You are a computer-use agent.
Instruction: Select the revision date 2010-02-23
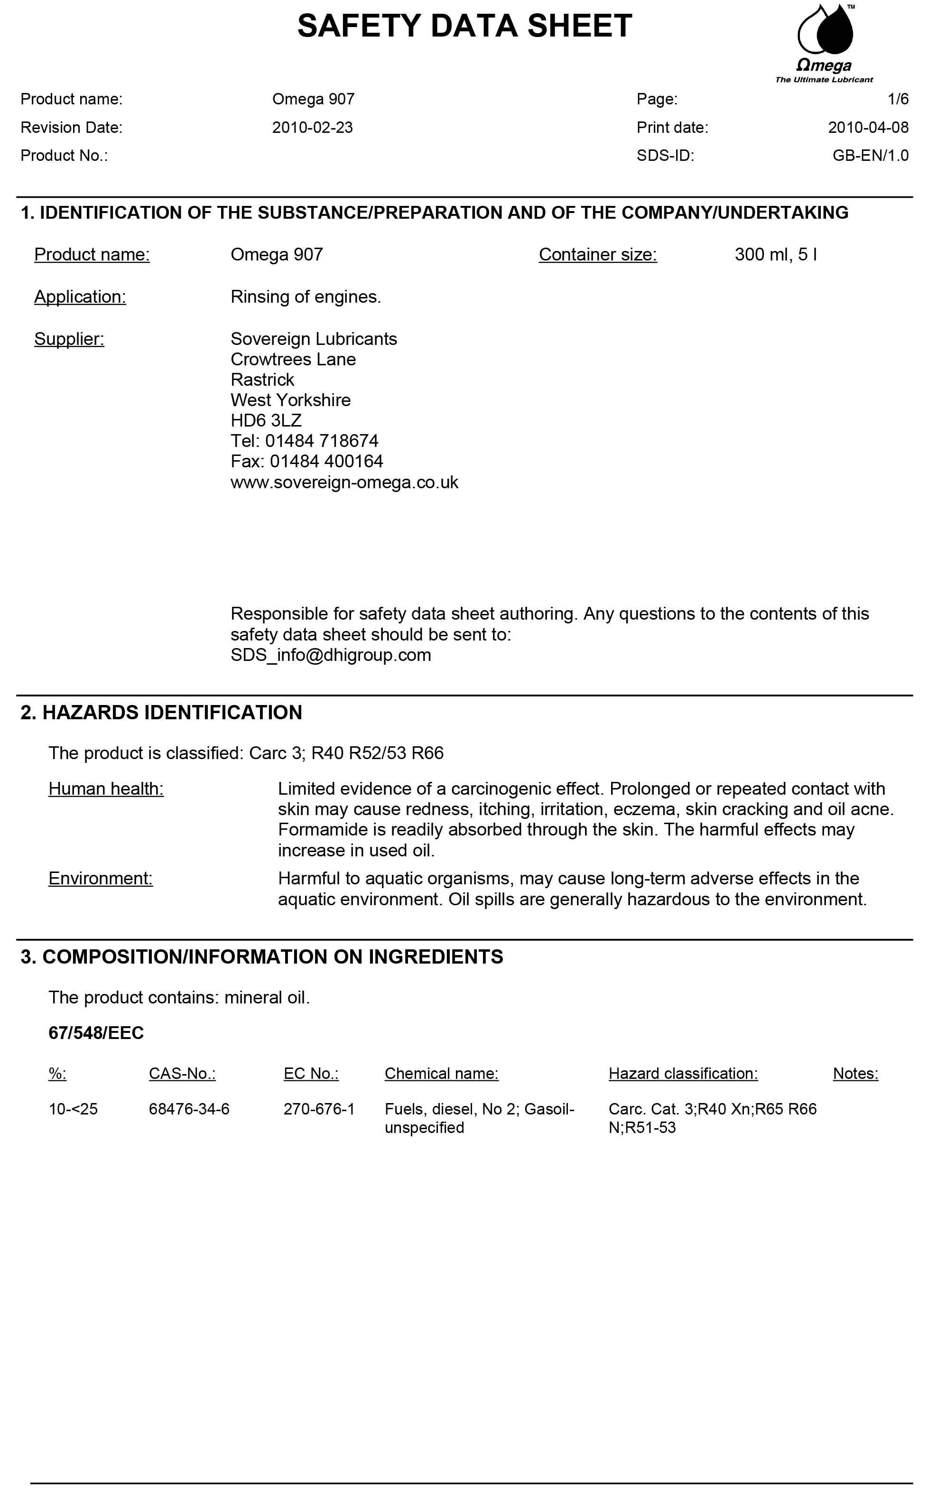[312, 128]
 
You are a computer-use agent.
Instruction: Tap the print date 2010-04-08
[868, 128]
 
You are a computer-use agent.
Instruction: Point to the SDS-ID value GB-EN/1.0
[870, 156]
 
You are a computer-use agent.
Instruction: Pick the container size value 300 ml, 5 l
[775, 255]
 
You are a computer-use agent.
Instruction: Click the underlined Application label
[80, 297]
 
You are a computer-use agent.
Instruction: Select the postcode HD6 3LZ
[266, 421]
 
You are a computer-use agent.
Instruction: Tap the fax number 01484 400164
[326, 462]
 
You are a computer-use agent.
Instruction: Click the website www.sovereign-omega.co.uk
[344, 482]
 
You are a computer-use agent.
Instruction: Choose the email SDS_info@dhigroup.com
[330, 655]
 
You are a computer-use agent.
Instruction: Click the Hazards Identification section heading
[161, 713]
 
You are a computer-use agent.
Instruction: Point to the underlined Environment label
[101, 879]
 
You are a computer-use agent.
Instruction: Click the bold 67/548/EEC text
[96, 1033]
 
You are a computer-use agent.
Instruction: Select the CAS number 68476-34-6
[189, 1109]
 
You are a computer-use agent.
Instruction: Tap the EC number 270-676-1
[319, 1109]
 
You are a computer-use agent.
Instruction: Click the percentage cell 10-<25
[73, 1109]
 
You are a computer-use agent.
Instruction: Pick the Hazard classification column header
[683, 1073]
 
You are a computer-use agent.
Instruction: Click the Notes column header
[855, 1073]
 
